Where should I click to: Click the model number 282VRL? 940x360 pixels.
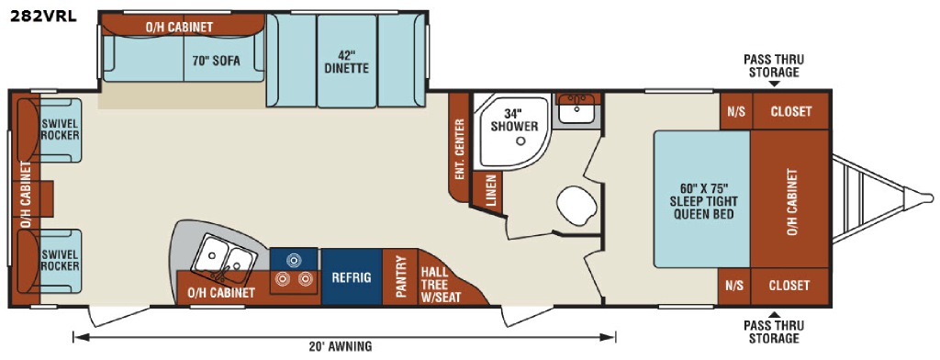(42, 17)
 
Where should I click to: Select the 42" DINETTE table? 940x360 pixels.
(346, 62)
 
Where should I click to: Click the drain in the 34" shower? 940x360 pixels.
(521, 141)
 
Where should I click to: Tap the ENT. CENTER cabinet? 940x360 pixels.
(459, 148)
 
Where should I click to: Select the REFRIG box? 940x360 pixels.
(352, 277)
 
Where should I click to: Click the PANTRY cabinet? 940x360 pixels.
(400, 277)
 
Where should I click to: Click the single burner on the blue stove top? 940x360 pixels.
(293, 260)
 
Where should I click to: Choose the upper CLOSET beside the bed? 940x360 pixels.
(790, 111)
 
